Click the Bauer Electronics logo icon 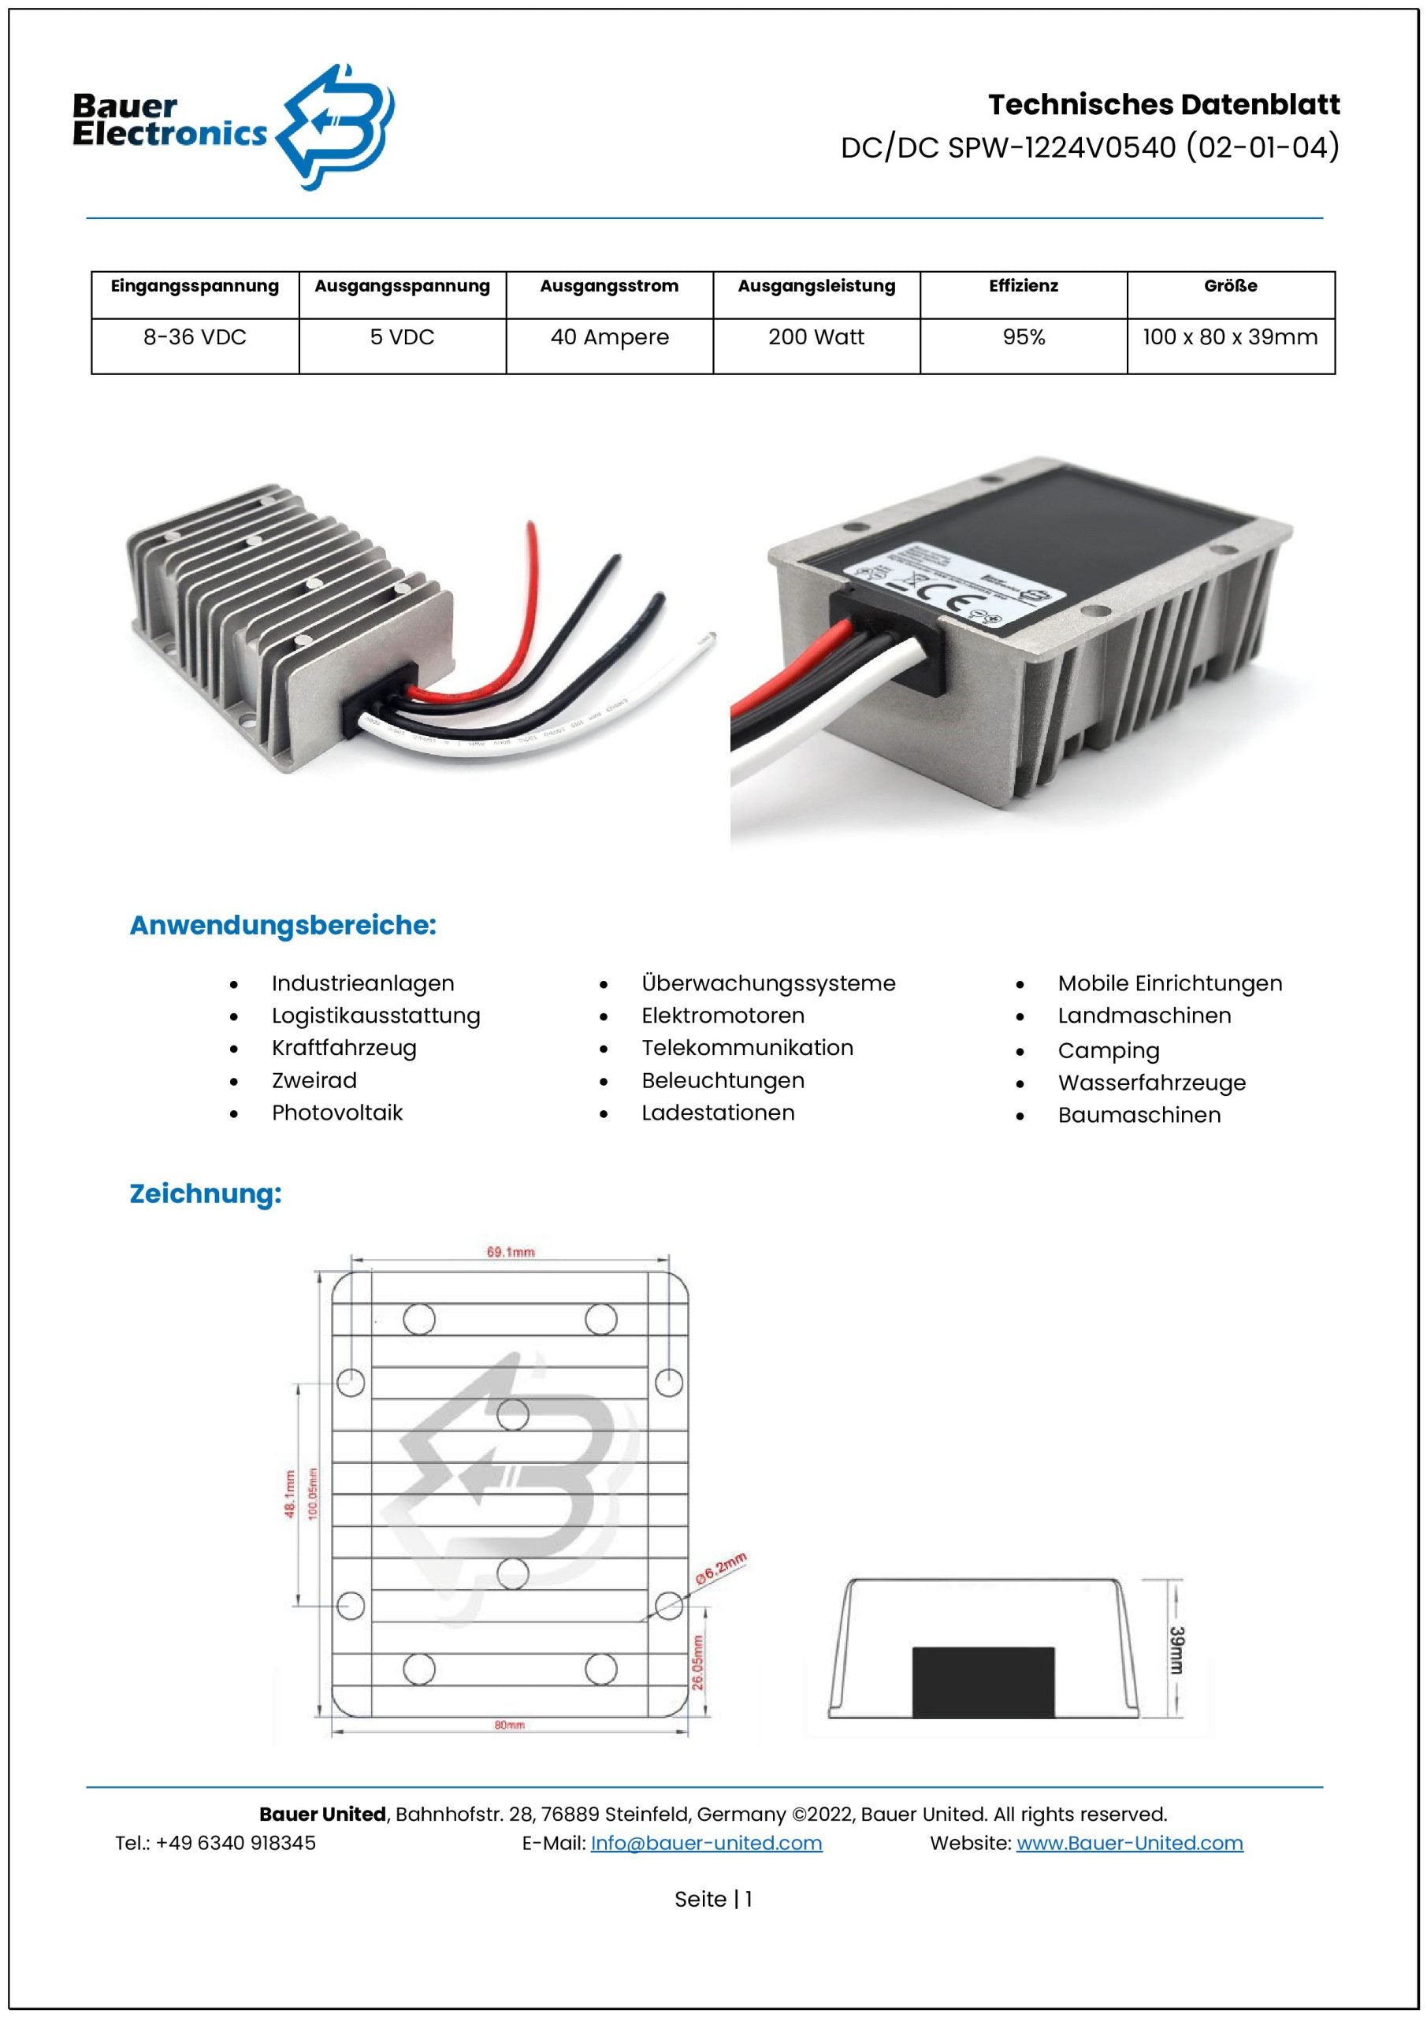tap(336, 127)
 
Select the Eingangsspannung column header tap(195, 286)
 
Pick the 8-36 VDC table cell tap(195, 337)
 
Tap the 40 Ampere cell tap(609, 337)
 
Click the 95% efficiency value tap(1024, 337)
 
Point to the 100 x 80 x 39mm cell tap(1230, 337)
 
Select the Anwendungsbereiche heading tap(283, 925)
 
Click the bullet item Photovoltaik tap(336, 1113)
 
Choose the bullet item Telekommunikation tap(747, 1048)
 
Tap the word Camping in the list tap(1108, 1051)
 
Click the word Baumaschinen tap(1139, 1116)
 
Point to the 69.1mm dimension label tap(511, 1252)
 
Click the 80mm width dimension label tap(510, 1725)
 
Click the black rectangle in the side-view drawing tap(983, 1682)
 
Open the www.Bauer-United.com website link tap(1129, 1843)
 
